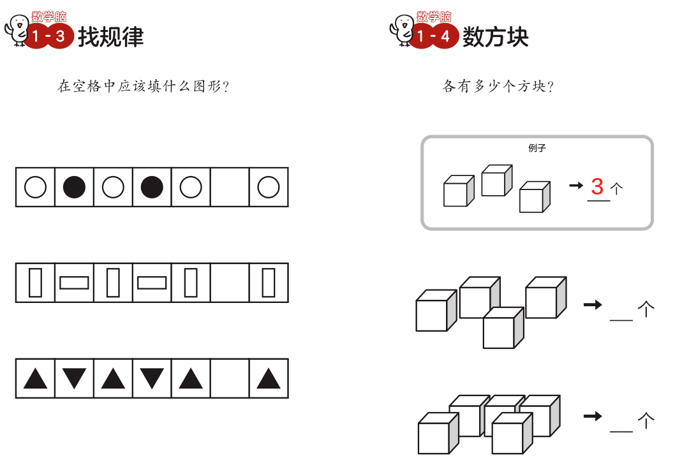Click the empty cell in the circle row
pyautogui.click(x=230, y=188)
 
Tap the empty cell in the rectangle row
pyautogui.click(x=230, y=283)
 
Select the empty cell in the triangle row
pyautogui.click(x=230, y=378)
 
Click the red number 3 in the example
pyautogui.click(x=597, y=187)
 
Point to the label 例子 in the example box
pyautogui.click(x=537, y=148)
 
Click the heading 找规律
pyautogui.click(x=111, y=37)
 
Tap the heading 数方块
pyautogui.click(x=496, y=37)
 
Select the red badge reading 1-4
pyautogui.click(x=434, y=36)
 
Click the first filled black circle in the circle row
pyautogui.click(x=74, y=188)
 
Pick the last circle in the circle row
pyautogui.click(x=269, y=188)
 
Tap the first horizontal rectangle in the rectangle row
pyautogui.click(x=74, y=283)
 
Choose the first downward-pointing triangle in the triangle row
pyautogui.click(x=74, y=378)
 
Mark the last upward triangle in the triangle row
pyautogui.click(x=269, y=379)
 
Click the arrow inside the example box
pyautogui.click(x=576, y=186)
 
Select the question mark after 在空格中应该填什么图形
pyautogui.click(x=225, y=87)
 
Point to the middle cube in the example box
pyautogui.click(x=496, y=181)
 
